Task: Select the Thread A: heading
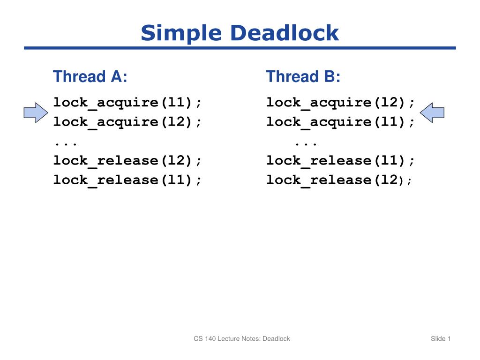point(90,76)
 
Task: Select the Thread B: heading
point(303,76)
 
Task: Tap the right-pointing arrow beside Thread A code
point(36,113)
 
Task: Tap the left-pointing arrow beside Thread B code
point(432,113)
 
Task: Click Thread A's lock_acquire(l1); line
point(129,102)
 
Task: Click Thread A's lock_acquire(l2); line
point(129,122)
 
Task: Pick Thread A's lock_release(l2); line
point(129,161)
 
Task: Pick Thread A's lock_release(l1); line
point(129,180)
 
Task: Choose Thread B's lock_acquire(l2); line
point(341,102)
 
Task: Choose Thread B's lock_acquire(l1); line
point(341,122)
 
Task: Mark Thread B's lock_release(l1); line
point(341,161)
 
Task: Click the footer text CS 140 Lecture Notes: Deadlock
point(242,338)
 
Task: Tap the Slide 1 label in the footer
point(441,338)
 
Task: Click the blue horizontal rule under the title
point(240,48)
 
